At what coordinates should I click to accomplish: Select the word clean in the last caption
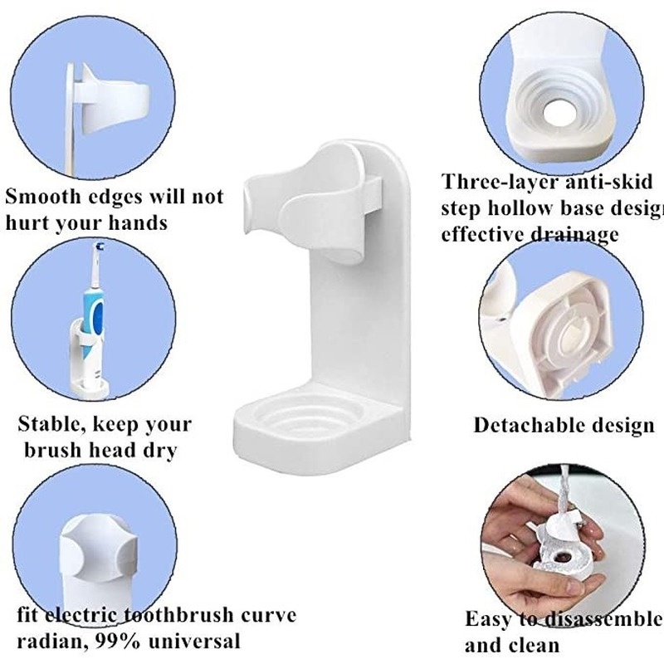click(x=531, y=645)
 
